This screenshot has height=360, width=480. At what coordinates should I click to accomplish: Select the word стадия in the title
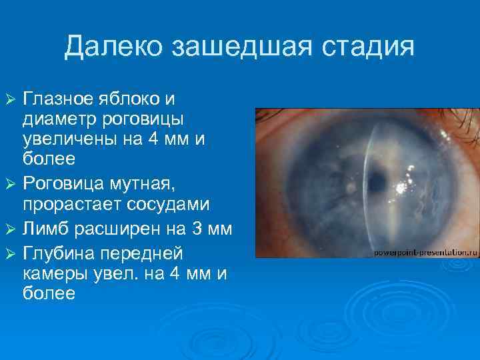365,47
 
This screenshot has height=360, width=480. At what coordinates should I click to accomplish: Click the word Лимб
45,231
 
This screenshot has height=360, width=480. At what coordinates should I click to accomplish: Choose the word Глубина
56,253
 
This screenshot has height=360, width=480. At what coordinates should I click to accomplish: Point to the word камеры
52,273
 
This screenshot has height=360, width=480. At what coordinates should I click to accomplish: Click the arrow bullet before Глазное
9,100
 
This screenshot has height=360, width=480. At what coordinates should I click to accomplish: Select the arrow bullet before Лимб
9,231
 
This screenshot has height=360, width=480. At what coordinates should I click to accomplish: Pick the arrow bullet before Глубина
9,253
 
